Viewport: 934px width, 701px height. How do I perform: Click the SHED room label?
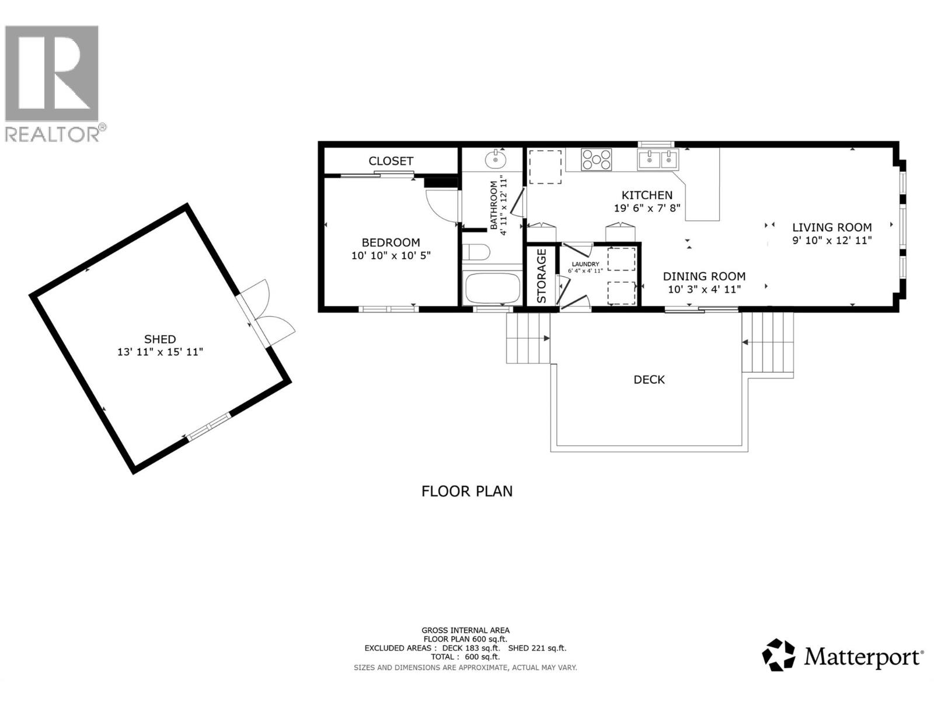pyautogui.click(x=160, y=339)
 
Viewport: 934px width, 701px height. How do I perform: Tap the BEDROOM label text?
pyautogui.click(x=391, y=242)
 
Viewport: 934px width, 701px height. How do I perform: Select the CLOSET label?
pyautogui.click(x=391, y=161)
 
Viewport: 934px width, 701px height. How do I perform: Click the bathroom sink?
pyautogui.click(x=496, y=158)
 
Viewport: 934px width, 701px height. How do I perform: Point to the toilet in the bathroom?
pyautogui.click(x=476, y=252)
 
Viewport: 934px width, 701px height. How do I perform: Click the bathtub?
pyautogui.click(x=492, y=287)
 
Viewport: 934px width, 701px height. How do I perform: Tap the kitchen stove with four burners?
pyautogui.click(x=596, y=159)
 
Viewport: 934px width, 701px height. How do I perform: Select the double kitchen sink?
pyautogui.click(x=658, y=159)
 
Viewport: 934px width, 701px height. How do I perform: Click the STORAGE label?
pyautogui.click(x=542, y=276)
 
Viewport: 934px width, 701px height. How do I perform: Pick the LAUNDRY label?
pyautogui.click(x=585, y=264)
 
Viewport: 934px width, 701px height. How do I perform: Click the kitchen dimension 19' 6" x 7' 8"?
pyautogui.click(x=647, y=208)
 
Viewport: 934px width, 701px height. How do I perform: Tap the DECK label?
pyautogui.click(x=649, y=380)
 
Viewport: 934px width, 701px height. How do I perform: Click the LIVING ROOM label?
pyautogui.click(x=832, y=227)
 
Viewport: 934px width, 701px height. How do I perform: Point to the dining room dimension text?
pyautogui.click(x=704, y=289)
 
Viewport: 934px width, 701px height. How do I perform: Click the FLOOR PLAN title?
pyautogui.click(x=467, y=491)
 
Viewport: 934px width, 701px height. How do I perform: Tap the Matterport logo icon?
pyautogui.click(x=779, y=655)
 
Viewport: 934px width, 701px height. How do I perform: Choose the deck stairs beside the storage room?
pyautogui.click(x=528, y=338)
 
